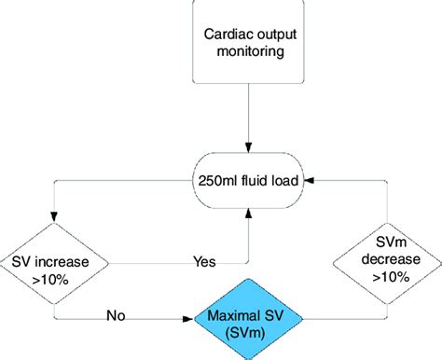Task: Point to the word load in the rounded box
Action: [282, 181]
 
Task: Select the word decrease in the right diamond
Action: [384, 259]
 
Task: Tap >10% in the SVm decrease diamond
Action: [384, 277]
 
